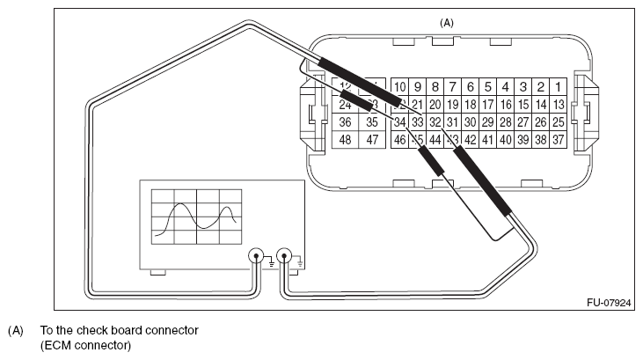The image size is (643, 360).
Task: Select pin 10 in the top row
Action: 399,87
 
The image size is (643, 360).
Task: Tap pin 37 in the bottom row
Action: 557,139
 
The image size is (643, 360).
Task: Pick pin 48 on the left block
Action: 346,139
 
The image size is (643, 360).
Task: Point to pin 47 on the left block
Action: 372,139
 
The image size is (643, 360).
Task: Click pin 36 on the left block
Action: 346,121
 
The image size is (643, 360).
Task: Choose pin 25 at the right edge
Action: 557,121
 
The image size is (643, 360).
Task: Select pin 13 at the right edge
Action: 557,104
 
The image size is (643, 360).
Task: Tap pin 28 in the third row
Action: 505,121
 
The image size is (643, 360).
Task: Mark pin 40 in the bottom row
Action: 505,139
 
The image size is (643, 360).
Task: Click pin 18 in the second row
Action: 470,104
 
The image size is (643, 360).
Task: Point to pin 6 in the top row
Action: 470,87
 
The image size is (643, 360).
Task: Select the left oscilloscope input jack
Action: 257,258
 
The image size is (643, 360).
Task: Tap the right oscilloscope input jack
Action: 283,258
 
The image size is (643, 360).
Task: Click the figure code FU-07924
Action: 609,301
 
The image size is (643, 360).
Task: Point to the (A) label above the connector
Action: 446,21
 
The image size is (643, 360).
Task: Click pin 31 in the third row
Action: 452,121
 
